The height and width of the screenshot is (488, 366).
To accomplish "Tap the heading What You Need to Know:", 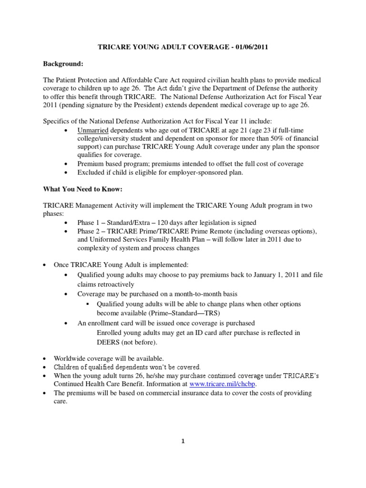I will tap(83, 189).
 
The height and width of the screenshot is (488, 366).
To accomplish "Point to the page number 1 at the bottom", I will tap(183, 441).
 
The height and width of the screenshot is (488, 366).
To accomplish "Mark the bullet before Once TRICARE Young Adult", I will tap(44, 264).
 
